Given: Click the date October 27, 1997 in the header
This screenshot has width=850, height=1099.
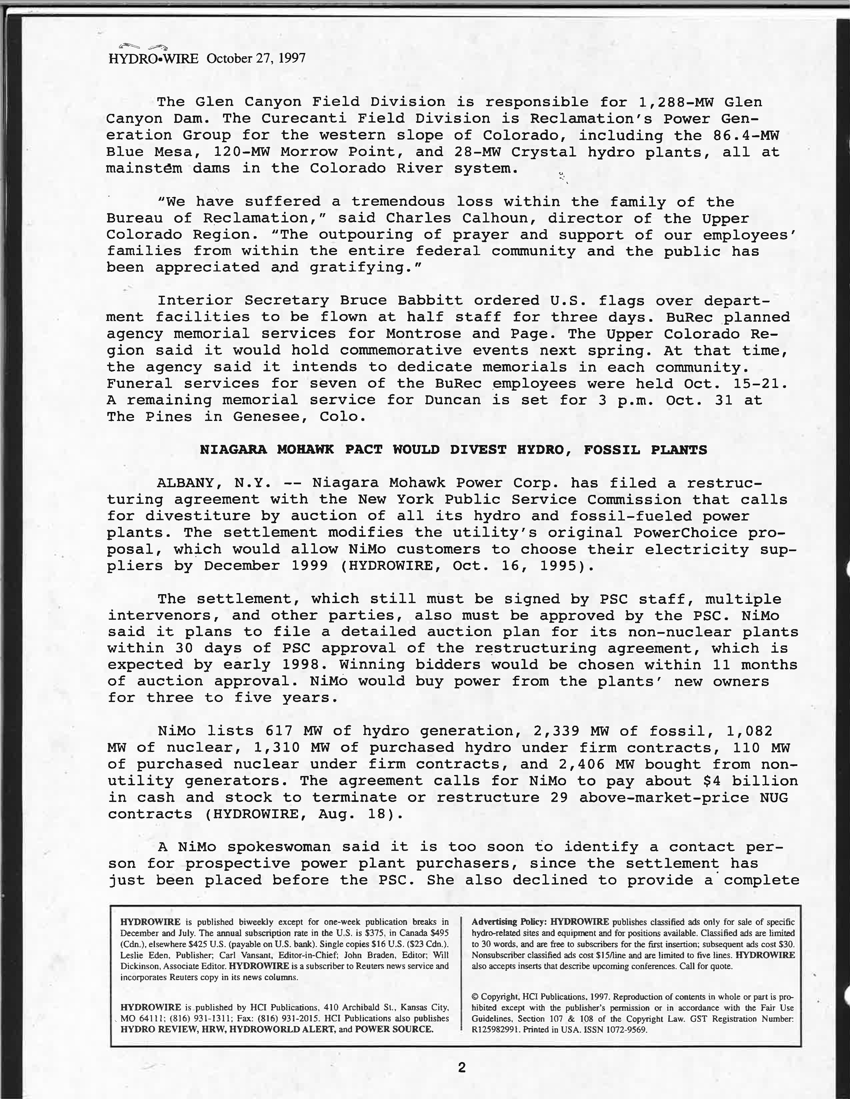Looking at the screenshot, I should [256, 58].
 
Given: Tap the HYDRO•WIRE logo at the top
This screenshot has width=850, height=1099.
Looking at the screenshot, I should [154, 58].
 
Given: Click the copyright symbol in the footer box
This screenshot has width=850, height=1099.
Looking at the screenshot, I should [475, 997].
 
